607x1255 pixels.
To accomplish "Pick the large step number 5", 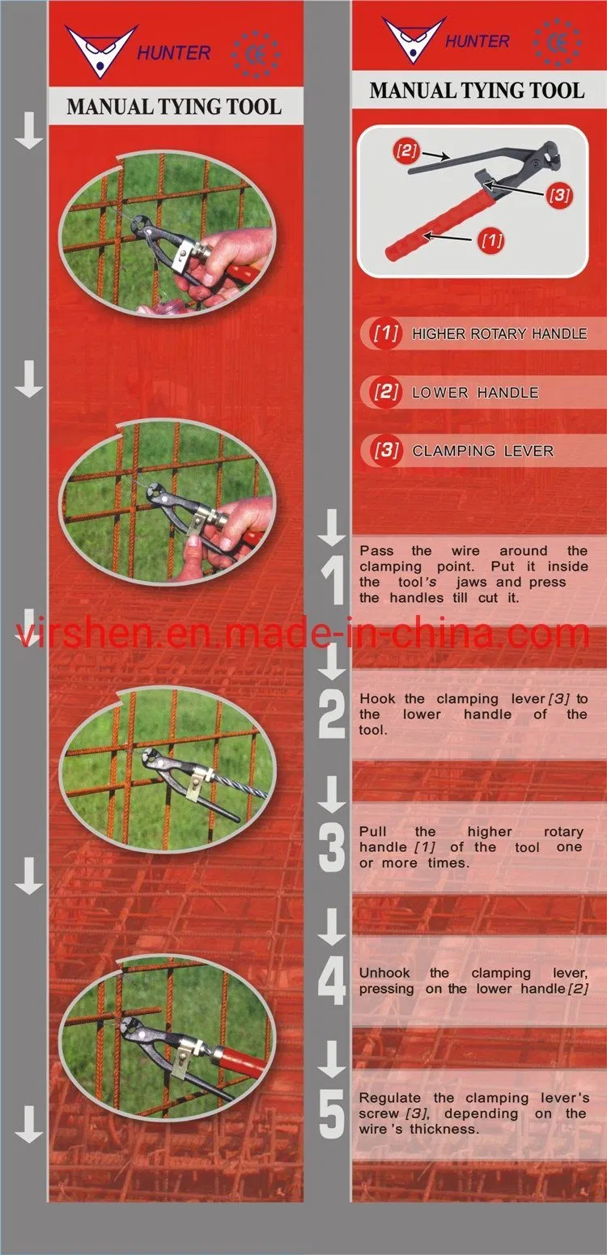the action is coord(333,1114).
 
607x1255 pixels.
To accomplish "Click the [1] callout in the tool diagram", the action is coord(491,241).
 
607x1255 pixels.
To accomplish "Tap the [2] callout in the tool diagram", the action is coord(406,151).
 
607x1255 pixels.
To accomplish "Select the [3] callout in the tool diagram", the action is coord(559,195).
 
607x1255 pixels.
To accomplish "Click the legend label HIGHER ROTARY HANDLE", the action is coord(499,334).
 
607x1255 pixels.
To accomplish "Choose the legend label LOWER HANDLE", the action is coord(475,392).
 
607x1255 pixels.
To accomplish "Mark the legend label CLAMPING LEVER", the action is coord(482,451).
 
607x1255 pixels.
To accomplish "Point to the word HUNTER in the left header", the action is coord(174,53).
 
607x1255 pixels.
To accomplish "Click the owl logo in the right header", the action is coord(413,39).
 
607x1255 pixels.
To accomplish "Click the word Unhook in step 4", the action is coord(384,973).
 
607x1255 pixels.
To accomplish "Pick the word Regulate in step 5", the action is coord(389,1097).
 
